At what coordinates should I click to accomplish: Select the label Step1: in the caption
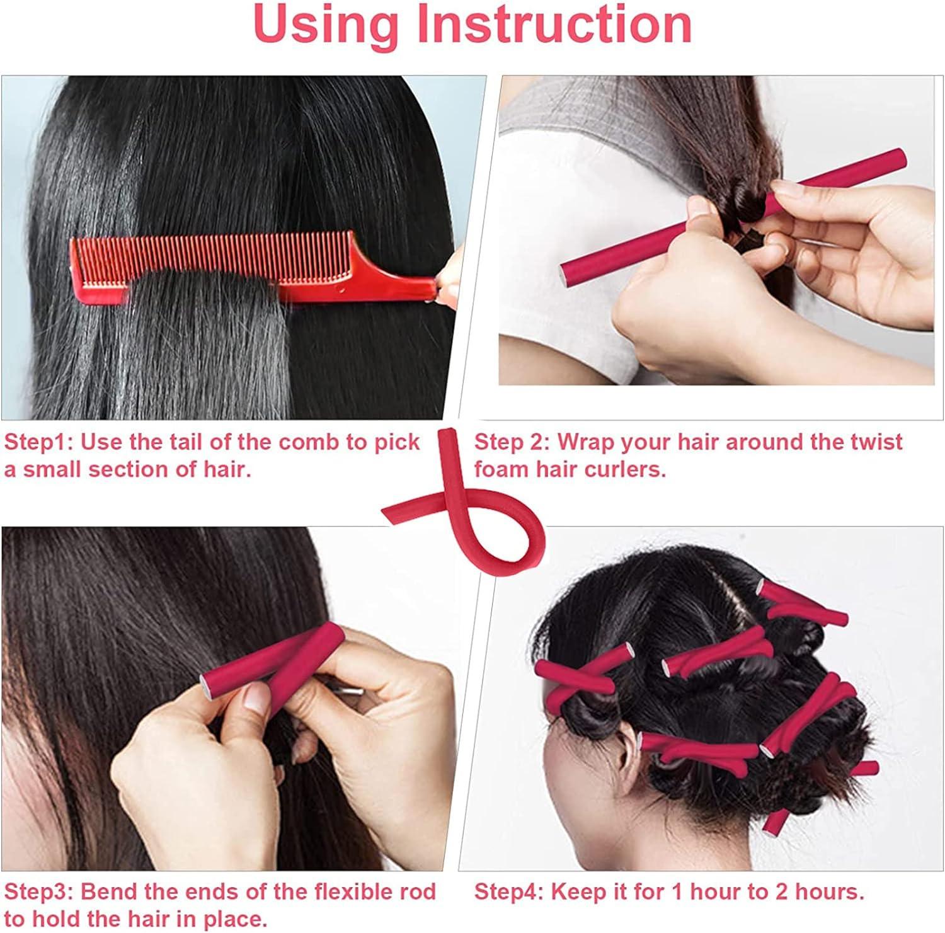(x=39, y=442)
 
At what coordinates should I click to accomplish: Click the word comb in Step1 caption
(x=309, y=442)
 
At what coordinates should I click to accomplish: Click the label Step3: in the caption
(x=39, y=891)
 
